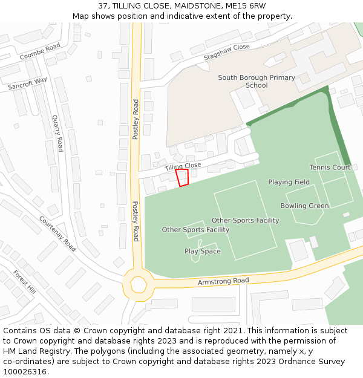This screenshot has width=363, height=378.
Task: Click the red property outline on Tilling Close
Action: (x=181, y=177)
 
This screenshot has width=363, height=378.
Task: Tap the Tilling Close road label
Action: (x=183, y=166)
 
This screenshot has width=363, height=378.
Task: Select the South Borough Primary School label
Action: (x=257, y=82)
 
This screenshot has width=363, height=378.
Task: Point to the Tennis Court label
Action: (x=330, y=168)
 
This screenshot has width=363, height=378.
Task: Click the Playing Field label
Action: (x=289, y=182)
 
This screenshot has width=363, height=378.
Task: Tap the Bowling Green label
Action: (x=304, y=206)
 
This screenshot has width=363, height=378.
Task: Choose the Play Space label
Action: (x=202, y=252)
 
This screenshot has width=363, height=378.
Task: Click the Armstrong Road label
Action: (x=223, y=281)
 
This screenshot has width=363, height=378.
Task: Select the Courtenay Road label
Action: (x=57, y=233)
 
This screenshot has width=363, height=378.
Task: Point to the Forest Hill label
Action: (x=24, y=283)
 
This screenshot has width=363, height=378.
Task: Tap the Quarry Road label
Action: (x=57, y=133)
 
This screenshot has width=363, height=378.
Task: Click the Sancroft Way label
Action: (x=28, y=83)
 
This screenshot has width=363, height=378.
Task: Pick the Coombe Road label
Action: (x=41, y=52)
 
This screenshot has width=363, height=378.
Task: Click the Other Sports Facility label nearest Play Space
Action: (x=195, y=230)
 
